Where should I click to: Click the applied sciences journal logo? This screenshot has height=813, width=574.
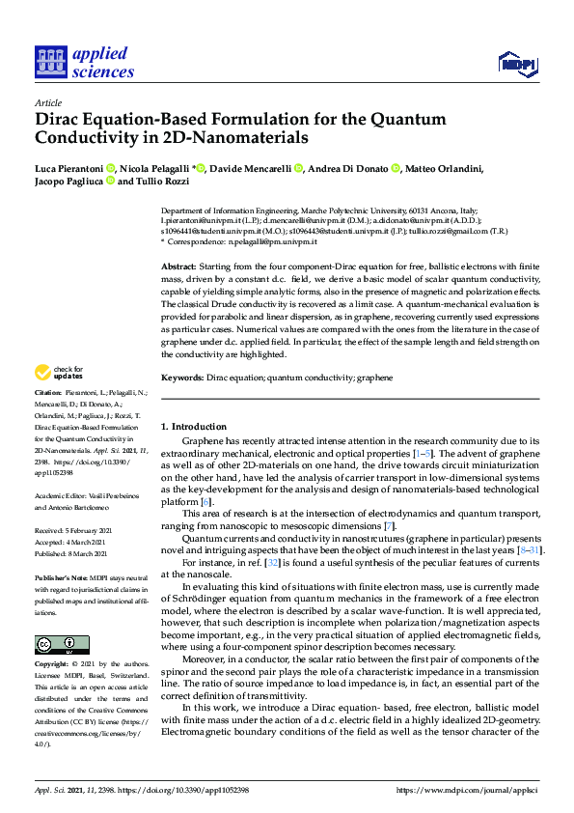pyautogui.click(x=84, y=63)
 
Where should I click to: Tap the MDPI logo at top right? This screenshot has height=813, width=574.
pyautogui.click(x=516, y=64)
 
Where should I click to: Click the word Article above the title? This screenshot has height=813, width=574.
pyautogui.click(x=47, y=102)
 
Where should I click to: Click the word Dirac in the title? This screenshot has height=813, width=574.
pyautogui.click(x=61, y=120)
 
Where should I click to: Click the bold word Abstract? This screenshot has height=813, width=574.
pyautogui.click(x=178, y=266)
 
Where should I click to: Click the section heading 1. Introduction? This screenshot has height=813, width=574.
pyautogui.click(x=194, y=426)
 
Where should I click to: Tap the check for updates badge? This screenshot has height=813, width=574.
pyautogui.click(x=59, y=373)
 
